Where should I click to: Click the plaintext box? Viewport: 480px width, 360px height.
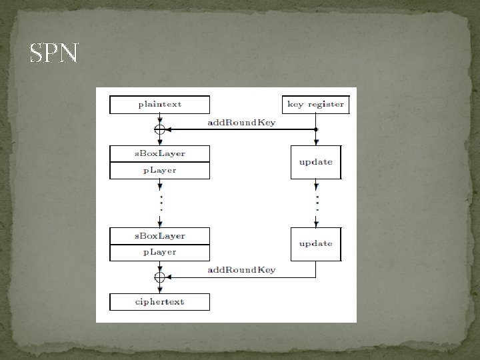pyautogui.click(x=159, y=105)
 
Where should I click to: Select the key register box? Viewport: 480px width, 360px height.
pyautogui.click(x=315, y=105)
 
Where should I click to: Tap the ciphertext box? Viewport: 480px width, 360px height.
pyautogui.click(x=159, y=302)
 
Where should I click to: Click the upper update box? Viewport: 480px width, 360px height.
pyautogui.click(x=315, y=162)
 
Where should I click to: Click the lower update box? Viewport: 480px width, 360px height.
pyautogui.click(x=315, y=243)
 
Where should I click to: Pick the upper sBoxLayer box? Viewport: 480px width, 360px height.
pyautogui.click(x=159, y=153)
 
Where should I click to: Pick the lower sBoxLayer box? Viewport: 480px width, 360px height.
pyautogui.click(x=159, y=236)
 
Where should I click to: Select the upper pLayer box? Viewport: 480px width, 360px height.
pyautogui.click(x=159, y=171)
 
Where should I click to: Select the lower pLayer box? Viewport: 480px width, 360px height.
pyautogui.click(x=159, y=253)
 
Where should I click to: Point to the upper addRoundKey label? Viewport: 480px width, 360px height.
pyautogui.click(x=241, y=123)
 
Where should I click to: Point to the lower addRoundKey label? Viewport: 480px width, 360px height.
pyautogui.click(x=241, y=270)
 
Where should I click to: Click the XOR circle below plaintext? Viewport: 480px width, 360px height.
pyautogui.click(x=159, y=129)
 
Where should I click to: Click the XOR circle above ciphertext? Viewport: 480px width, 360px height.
pyautogui.click(x=159, y=277)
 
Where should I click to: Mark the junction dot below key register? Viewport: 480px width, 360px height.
pyautogui.click(x=316, y=129)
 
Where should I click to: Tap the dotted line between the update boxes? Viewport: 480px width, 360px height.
pyautogui.click(x=316, y=201)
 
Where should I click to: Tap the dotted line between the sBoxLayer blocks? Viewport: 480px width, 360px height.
pyautogui.click(x=159, y=201)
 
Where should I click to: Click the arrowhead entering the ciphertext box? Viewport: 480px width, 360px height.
pyautogui.click(x=159, y=290)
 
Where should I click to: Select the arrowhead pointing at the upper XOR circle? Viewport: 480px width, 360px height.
pyautogui.click(x=169, y=129)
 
